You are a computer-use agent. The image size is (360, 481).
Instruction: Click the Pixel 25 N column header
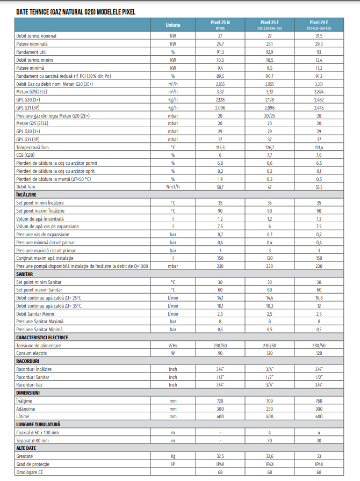[x=220, y=23]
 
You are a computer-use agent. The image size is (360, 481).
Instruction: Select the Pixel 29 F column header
[x=319, y=23]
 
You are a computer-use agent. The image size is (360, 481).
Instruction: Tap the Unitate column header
[x=173, y=25]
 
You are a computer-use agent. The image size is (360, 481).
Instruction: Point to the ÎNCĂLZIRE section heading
[x=26, y=194]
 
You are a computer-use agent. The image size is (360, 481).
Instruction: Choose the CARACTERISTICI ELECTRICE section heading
[x=42, y=338]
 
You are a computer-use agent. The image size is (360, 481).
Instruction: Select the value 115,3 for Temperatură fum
[x=220, y=147]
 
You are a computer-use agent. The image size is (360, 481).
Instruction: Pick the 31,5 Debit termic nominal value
[x=319, y=35]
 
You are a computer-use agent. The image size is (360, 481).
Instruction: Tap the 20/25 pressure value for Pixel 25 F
[x=269, y=115]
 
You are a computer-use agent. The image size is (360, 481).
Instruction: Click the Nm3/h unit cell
[x=173, y=187]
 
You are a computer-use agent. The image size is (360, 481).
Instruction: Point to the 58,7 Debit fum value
[x=220, y=187]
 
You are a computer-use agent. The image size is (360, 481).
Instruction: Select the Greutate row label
[x=25, y=456]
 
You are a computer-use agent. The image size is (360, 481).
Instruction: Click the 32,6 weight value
[x=269, y=456]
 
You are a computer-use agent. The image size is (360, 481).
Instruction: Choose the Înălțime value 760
[x=319, y=401]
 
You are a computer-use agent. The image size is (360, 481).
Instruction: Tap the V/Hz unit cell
[x=173, y=346]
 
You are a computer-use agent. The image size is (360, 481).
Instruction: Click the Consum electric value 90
[x=220, y=353]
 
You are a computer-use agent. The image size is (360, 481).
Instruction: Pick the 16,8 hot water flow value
[x=319, y=298]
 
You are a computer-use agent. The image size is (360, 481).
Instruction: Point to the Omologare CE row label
[x=29, y=472]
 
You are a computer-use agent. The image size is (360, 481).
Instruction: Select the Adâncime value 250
[x=269, y=409]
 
